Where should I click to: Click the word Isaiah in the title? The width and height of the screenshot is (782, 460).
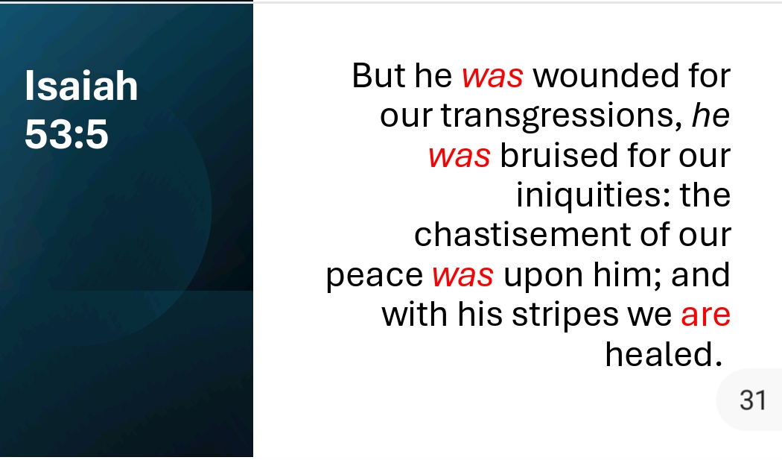[x=81, y=86]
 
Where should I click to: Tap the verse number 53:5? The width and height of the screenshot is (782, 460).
[x=66, y=134]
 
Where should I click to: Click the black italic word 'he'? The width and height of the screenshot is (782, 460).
[x=711, y=116]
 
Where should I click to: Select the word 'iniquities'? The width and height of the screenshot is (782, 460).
[x=594, y=195]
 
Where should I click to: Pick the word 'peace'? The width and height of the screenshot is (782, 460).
[x=375, y=276]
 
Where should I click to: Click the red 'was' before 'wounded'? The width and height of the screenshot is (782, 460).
[x=493, y=77]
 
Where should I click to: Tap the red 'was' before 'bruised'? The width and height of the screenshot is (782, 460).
[x=460, y=157]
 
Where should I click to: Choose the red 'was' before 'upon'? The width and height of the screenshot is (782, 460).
[x=462, y=276]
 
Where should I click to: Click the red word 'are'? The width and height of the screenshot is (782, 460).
[x=706, y=315]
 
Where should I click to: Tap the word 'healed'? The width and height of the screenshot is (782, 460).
[x=664, y=354]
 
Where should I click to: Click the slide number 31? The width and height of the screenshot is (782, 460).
[x=752, y=400]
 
